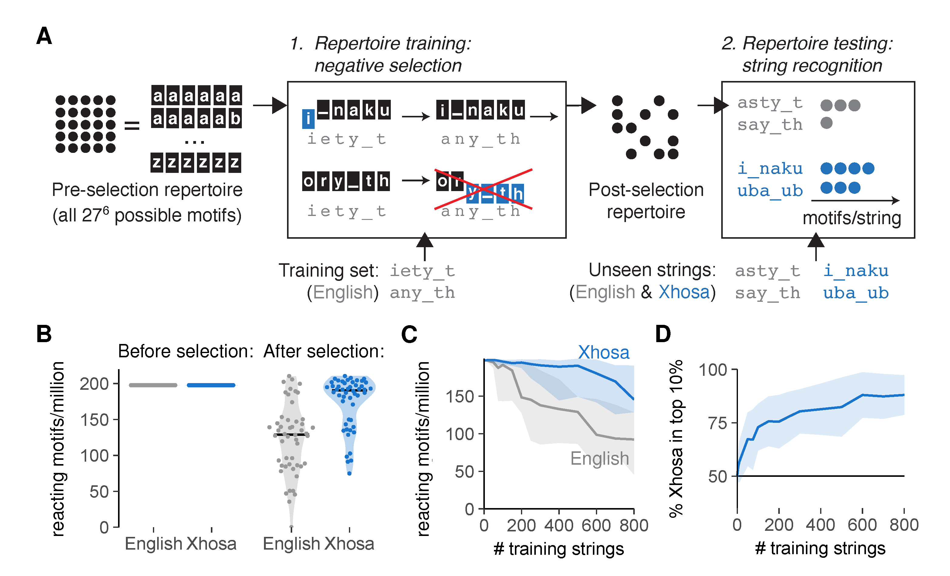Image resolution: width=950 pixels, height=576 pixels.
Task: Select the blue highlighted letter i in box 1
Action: point(308,119)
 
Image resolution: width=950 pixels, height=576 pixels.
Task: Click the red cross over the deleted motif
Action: point(483,189)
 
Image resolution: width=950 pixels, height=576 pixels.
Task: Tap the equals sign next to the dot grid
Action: point(132,125)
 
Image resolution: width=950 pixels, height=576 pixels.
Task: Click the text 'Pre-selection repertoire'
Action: point(147,190)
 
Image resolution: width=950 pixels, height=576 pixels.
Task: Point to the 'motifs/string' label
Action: point(852,218)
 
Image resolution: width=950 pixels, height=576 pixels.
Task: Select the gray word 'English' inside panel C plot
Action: point(600,458)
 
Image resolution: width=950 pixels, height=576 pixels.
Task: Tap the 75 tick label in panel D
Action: point(718,423)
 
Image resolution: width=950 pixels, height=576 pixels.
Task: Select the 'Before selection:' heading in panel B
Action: point(185,351)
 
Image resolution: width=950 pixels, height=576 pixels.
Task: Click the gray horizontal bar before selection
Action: point(153,385)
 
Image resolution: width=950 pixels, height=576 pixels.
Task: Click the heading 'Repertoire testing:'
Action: point(817,43)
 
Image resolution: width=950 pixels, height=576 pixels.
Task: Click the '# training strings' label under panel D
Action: point(820,548)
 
